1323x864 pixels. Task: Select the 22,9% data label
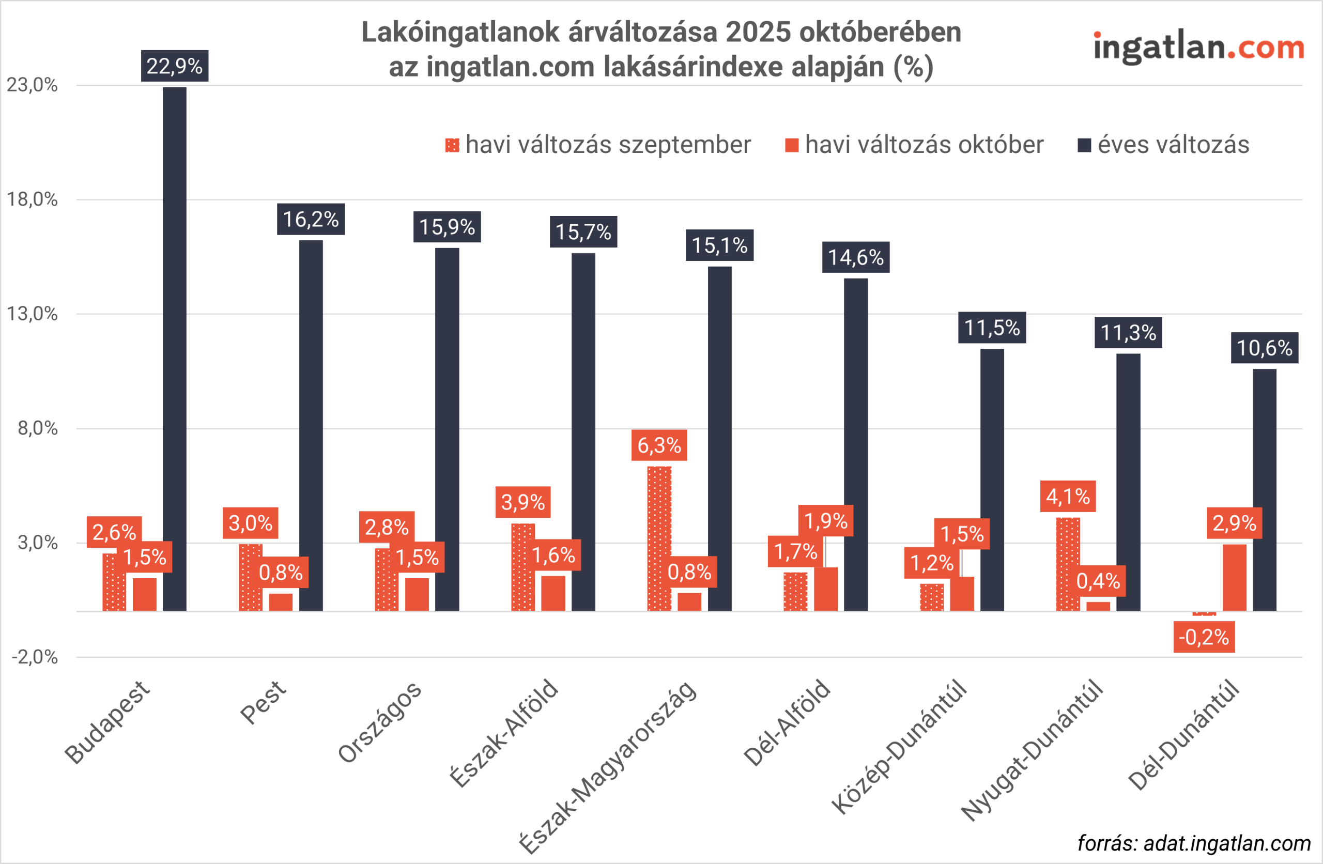[175, 66]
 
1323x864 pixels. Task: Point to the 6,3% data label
[659, 445]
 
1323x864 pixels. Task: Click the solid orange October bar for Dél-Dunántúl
[1235, 578]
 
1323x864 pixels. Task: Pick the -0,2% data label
[1204, 637]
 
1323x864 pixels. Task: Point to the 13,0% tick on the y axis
[32, 314]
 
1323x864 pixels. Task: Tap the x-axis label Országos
[380, 722]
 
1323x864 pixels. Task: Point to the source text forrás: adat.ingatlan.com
[1194, 843]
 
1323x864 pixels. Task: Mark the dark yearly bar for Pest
[311, 425]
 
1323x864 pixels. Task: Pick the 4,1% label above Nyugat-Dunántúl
[1067, 497]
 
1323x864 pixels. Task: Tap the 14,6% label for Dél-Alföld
[855, 257]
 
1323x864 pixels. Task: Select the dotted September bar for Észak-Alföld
[523, 567]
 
